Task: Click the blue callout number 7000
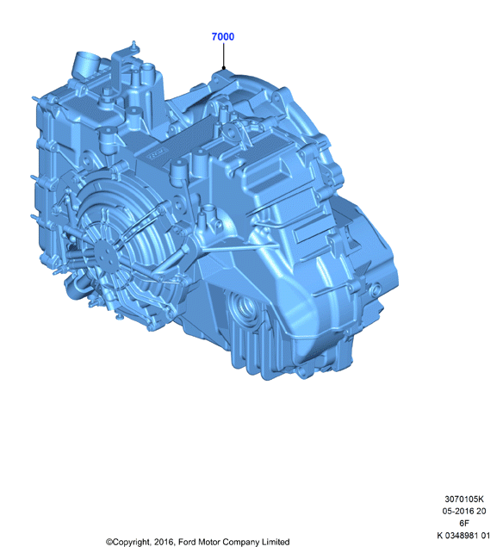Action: click(x=223, y=37)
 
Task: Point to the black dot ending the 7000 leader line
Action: click(x=224, y=68)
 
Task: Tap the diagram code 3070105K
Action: click(x=463, y=499)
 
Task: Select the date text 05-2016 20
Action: click(x=463, y=511)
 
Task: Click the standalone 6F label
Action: click(x=463, y=523)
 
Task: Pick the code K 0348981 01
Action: click(x=463, y=535)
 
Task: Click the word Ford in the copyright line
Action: click(x=187, y=542)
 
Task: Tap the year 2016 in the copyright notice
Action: click(x=165, y=543)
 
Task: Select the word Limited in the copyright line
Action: click(x=276, y=542)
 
